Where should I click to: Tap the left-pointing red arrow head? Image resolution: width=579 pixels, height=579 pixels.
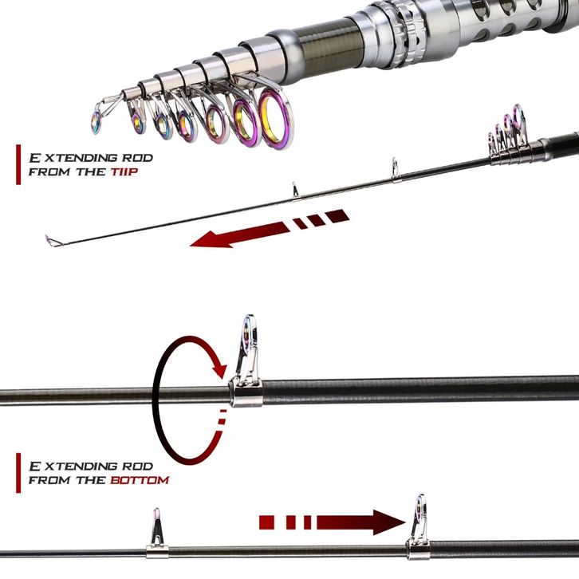[211, 238]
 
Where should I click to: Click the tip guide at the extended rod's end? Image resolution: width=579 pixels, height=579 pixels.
[50, 239]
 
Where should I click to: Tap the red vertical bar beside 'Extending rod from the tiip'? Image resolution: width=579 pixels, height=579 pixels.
[18, 164]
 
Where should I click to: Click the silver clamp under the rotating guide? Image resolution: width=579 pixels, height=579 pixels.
[247, 392]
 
